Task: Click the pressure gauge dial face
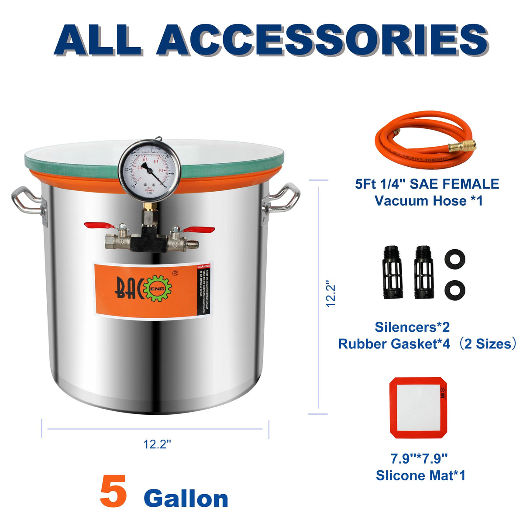(149, 168)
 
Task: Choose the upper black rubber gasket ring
(454, 259)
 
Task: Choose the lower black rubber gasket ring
(454, 289)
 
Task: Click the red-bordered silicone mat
(418, 407)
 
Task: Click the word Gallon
(186, 499)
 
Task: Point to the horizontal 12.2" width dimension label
(157, 444)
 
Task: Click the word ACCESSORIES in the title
(322, 40)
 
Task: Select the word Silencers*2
(412, 327)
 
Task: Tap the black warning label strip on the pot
(203, 290)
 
